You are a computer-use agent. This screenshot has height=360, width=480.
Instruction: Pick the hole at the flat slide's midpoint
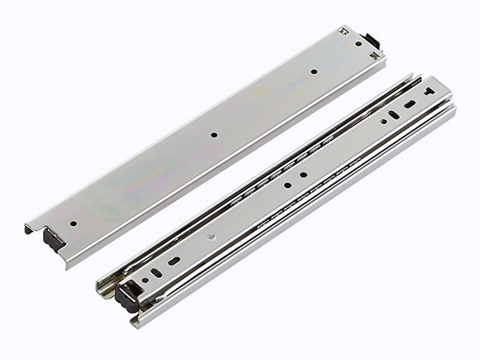(214, 132)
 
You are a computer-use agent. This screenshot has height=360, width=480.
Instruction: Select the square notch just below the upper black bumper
(375, 55)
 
